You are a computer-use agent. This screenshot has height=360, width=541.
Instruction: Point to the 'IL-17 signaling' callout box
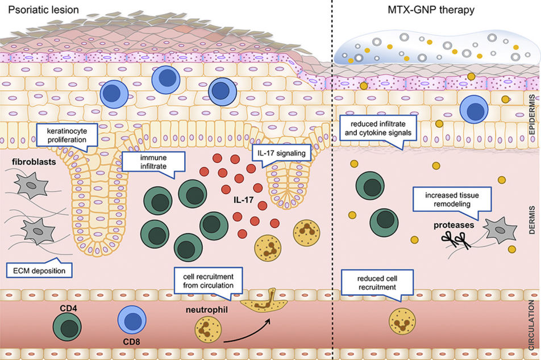click(277, 152)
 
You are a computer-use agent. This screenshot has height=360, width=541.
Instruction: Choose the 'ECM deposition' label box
click(40, 271)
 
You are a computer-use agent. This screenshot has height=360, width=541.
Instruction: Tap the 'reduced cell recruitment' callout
click(376, 283)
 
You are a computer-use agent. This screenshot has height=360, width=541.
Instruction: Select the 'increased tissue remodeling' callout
click(449, 199)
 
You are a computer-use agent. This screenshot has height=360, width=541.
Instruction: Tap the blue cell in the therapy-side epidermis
click(475, 109)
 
